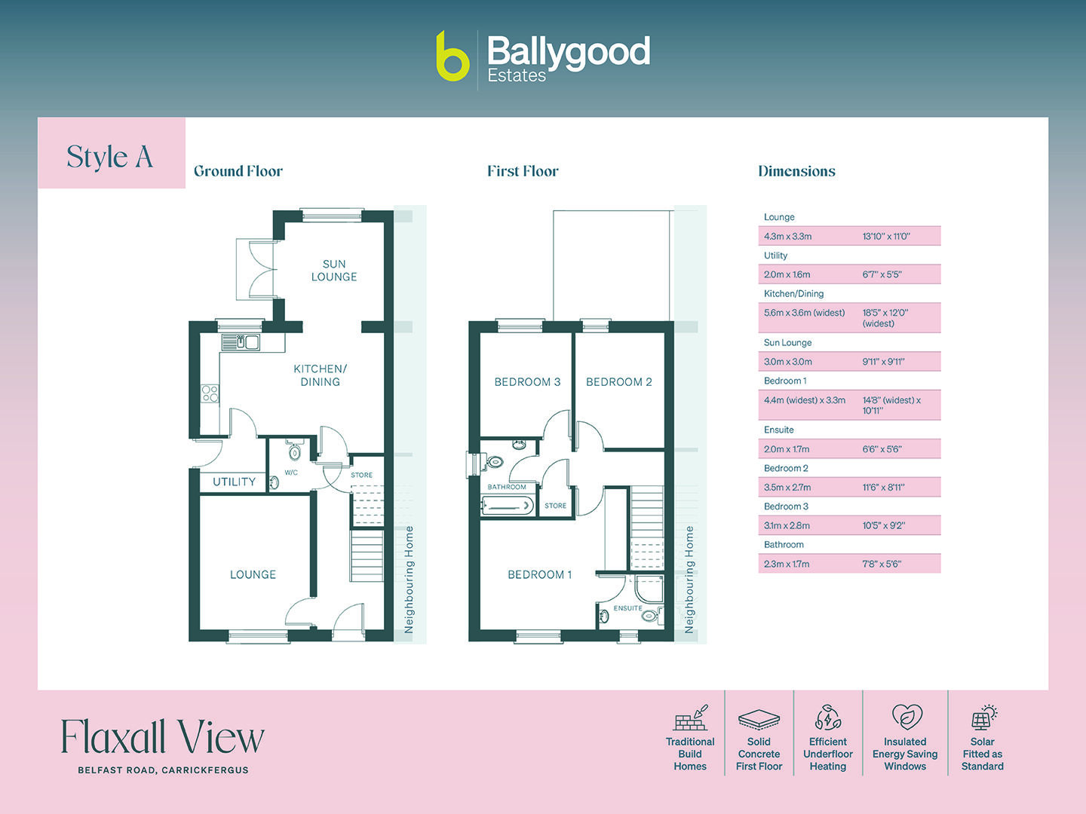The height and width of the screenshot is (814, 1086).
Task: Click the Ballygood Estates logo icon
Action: pos(452,57)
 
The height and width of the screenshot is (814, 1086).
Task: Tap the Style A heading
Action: pos(110,157)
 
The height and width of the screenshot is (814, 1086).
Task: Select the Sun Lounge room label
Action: pos(334,271)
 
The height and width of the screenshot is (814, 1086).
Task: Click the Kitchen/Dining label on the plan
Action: pos(320,375)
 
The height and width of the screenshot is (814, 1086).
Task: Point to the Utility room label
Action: pos(234,482)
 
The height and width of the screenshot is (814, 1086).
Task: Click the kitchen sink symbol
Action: pos(241,343)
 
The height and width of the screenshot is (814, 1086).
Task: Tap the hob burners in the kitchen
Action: pos(210,393)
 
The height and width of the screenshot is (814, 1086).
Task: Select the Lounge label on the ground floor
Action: pos(253,574)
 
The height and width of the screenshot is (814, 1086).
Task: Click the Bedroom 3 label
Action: pos(527,382)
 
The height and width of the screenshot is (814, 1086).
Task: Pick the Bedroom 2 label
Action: pos(618,382)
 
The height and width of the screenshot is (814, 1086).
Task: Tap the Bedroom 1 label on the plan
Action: pos(539,574)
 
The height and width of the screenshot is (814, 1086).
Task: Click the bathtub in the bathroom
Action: pos(508,506)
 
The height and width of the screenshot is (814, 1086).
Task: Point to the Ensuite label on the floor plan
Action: pos(627,608)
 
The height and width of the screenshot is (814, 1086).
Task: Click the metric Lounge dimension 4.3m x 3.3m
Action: pos(787,237)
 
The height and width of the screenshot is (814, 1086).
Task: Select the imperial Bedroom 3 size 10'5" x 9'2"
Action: pos(883,526)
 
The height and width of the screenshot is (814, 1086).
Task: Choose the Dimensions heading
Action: pos(796,171)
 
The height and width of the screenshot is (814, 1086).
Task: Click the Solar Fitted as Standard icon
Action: pos(983,718)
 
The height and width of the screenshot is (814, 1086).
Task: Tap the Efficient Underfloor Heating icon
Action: pos(828,718)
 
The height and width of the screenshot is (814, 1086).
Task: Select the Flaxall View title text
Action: pos(162,737)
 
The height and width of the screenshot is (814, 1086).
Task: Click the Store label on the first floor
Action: pos(555,506)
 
